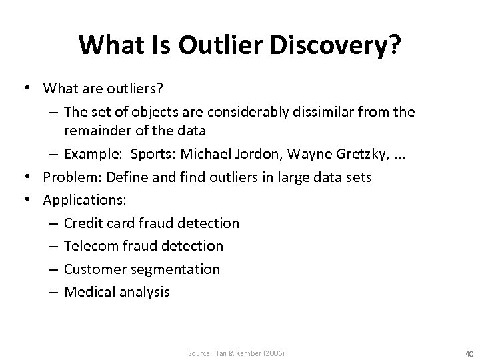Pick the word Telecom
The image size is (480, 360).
pos(90,246)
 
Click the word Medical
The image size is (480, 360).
pos(89,292)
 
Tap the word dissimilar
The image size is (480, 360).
pos(315,113)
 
